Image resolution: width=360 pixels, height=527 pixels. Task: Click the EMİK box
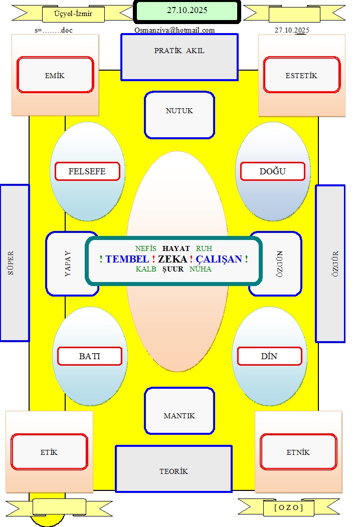pos(55,75)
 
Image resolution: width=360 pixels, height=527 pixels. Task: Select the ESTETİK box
pos(301,75)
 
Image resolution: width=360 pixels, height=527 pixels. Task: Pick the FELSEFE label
pos(87,171)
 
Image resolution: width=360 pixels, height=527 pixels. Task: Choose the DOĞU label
pos(272,171)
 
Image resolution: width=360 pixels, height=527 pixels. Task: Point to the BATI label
pos(90,356)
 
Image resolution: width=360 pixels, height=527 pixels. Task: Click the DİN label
pos(269,356)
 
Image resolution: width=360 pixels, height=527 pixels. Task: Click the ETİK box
pos(49,452)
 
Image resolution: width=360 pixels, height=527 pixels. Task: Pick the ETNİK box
pos(298,452)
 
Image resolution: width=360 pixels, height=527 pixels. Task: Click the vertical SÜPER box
pos(15,263)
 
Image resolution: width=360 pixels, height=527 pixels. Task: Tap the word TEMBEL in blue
pos(127,259)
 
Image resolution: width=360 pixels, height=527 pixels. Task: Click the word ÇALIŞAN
pos(219,259)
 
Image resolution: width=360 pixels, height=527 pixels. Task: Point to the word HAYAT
pos(176,248)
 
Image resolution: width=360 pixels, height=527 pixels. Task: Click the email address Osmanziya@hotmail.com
pos(174,30)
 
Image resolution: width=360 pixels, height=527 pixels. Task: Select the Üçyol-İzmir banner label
pos(73,14)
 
